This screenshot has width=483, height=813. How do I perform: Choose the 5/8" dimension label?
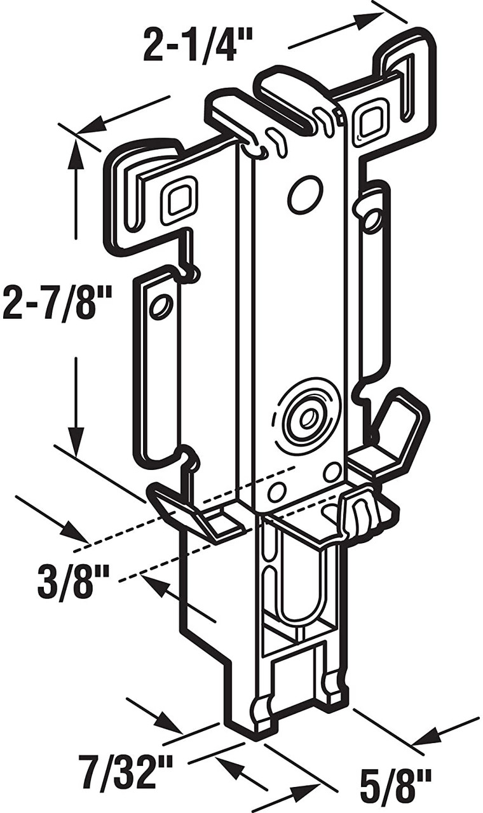395,785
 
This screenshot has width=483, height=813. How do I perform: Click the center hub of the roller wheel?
309,419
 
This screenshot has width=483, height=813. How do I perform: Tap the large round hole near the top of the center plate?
304,195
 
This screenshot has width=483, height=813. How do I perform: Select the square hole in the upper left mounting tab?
179,200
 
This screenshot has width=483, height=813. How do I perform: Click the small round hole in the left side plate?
161,307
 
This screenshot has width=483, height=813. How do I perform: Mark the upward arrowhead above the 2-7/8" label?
76,155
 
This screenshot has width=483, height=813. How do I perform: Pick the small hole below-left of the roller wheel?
276,492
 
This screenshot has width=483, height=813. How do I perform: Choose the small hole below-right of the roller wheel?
331,472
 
